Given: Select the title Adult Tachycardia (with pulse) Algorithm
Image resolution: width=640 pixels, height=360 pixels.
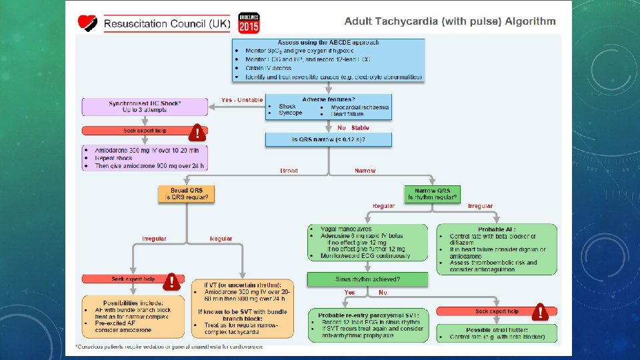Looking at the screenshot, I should (x=450, y=21).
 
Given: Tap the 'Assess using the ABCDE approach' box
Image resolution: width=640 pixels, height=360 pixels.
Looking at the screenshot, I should (x=328, y=60).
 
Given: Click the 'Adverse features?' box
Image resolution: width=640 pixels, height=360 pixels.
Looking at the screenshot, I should (x=328, y=106).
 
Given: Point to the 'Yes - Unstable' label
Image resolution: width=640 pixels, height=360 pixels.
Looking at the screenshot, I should (x=242, y=101).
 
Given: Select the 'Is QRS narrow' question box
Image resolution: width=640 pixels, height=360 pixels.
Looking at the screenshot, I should (x=328, y=140).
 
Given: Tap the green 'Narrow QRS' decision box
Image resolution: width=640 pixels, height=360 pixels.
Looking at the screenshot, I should (x=432, y=194).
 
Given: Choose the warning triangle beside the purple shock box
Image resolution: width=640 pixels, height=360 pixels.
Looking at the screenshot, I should (x=197, y=133).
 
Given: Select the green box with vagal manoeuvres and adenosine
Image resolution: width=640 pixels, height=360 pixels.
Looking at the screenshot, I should (x=367, y=241).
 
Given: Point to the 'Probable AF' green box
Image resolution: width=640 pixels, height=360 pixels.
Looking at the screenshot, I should (x=497, y=249).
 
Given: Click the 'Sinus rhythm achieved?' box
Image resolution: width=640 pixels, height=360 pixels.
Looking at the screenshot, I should (x=367, y=279).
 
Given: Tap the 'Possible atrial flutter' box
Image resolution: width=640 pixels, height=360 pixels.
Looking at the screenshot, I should (x=497, y=333).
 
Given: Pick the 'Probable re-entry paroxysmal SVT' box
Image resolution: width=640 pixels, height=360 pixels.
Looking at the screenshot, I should (x=367, y=325).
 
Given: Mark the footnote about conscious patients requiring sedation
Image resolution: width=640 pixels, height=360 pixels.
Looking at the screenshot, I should (x=169, y=347).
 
